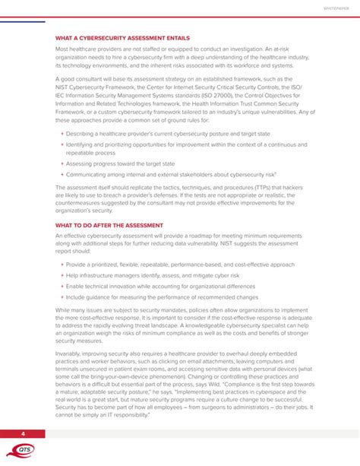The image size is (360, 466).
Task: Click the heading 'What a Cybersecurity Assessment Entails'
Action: pos(122,38)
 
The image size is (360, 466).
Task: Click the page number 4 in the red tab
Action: pos(23,433)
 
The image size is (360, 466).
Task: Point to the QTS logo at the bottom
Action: pos(24,450)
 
